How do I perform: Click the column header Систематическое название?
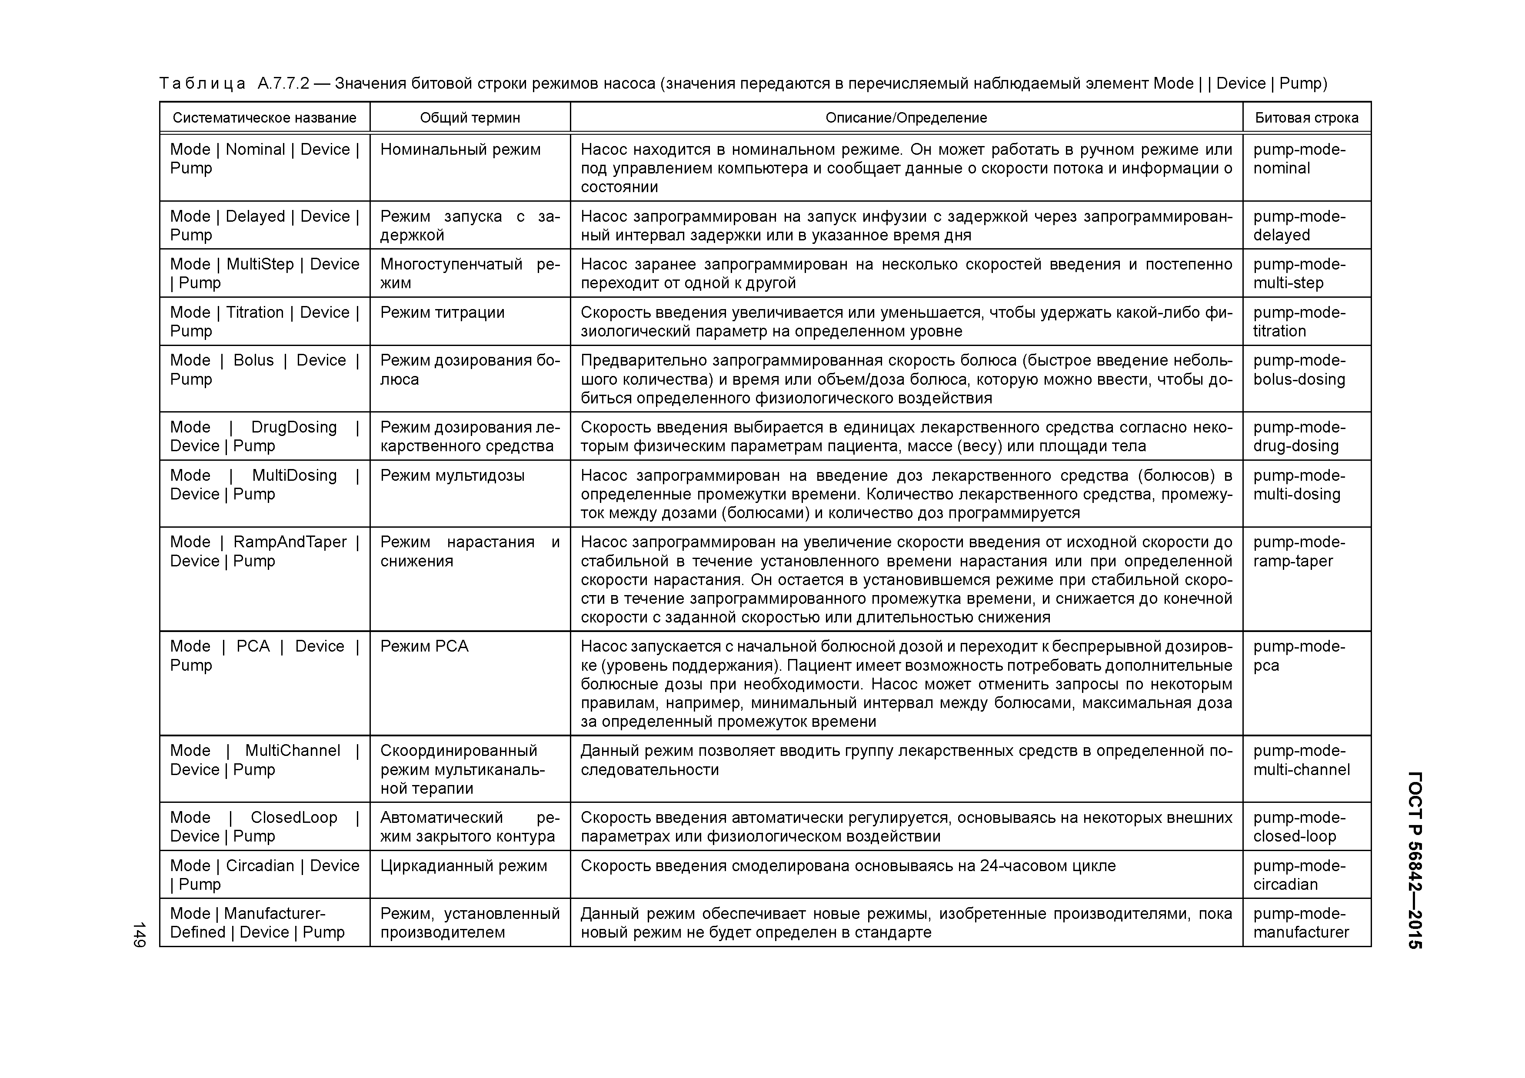click(x=264, y=117)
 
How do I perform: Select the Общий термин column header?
click(x=469, y=117)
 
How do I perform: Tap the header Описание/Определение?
click(x=906, y=117)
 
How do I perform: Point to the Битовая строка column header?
click(x=1306, y=117)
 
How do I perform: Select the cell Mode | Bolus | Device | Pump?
click(x=264, y=370)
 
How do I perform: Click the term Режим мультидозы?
click(x=452, y=476)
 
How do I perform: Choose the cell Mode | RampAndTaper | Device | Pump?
click(x=264, y=551)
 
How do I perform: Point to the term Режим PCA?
click(x=424, y=646)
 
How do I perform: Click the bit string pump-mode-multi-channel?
click(x=1301, y=761)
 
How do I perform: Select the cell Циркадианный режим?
click(x=463, y=865)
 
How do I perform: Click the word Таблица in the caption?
click(x=202, y=84)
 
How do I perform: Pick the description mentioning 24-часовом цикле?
click(x=848, y=865)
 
